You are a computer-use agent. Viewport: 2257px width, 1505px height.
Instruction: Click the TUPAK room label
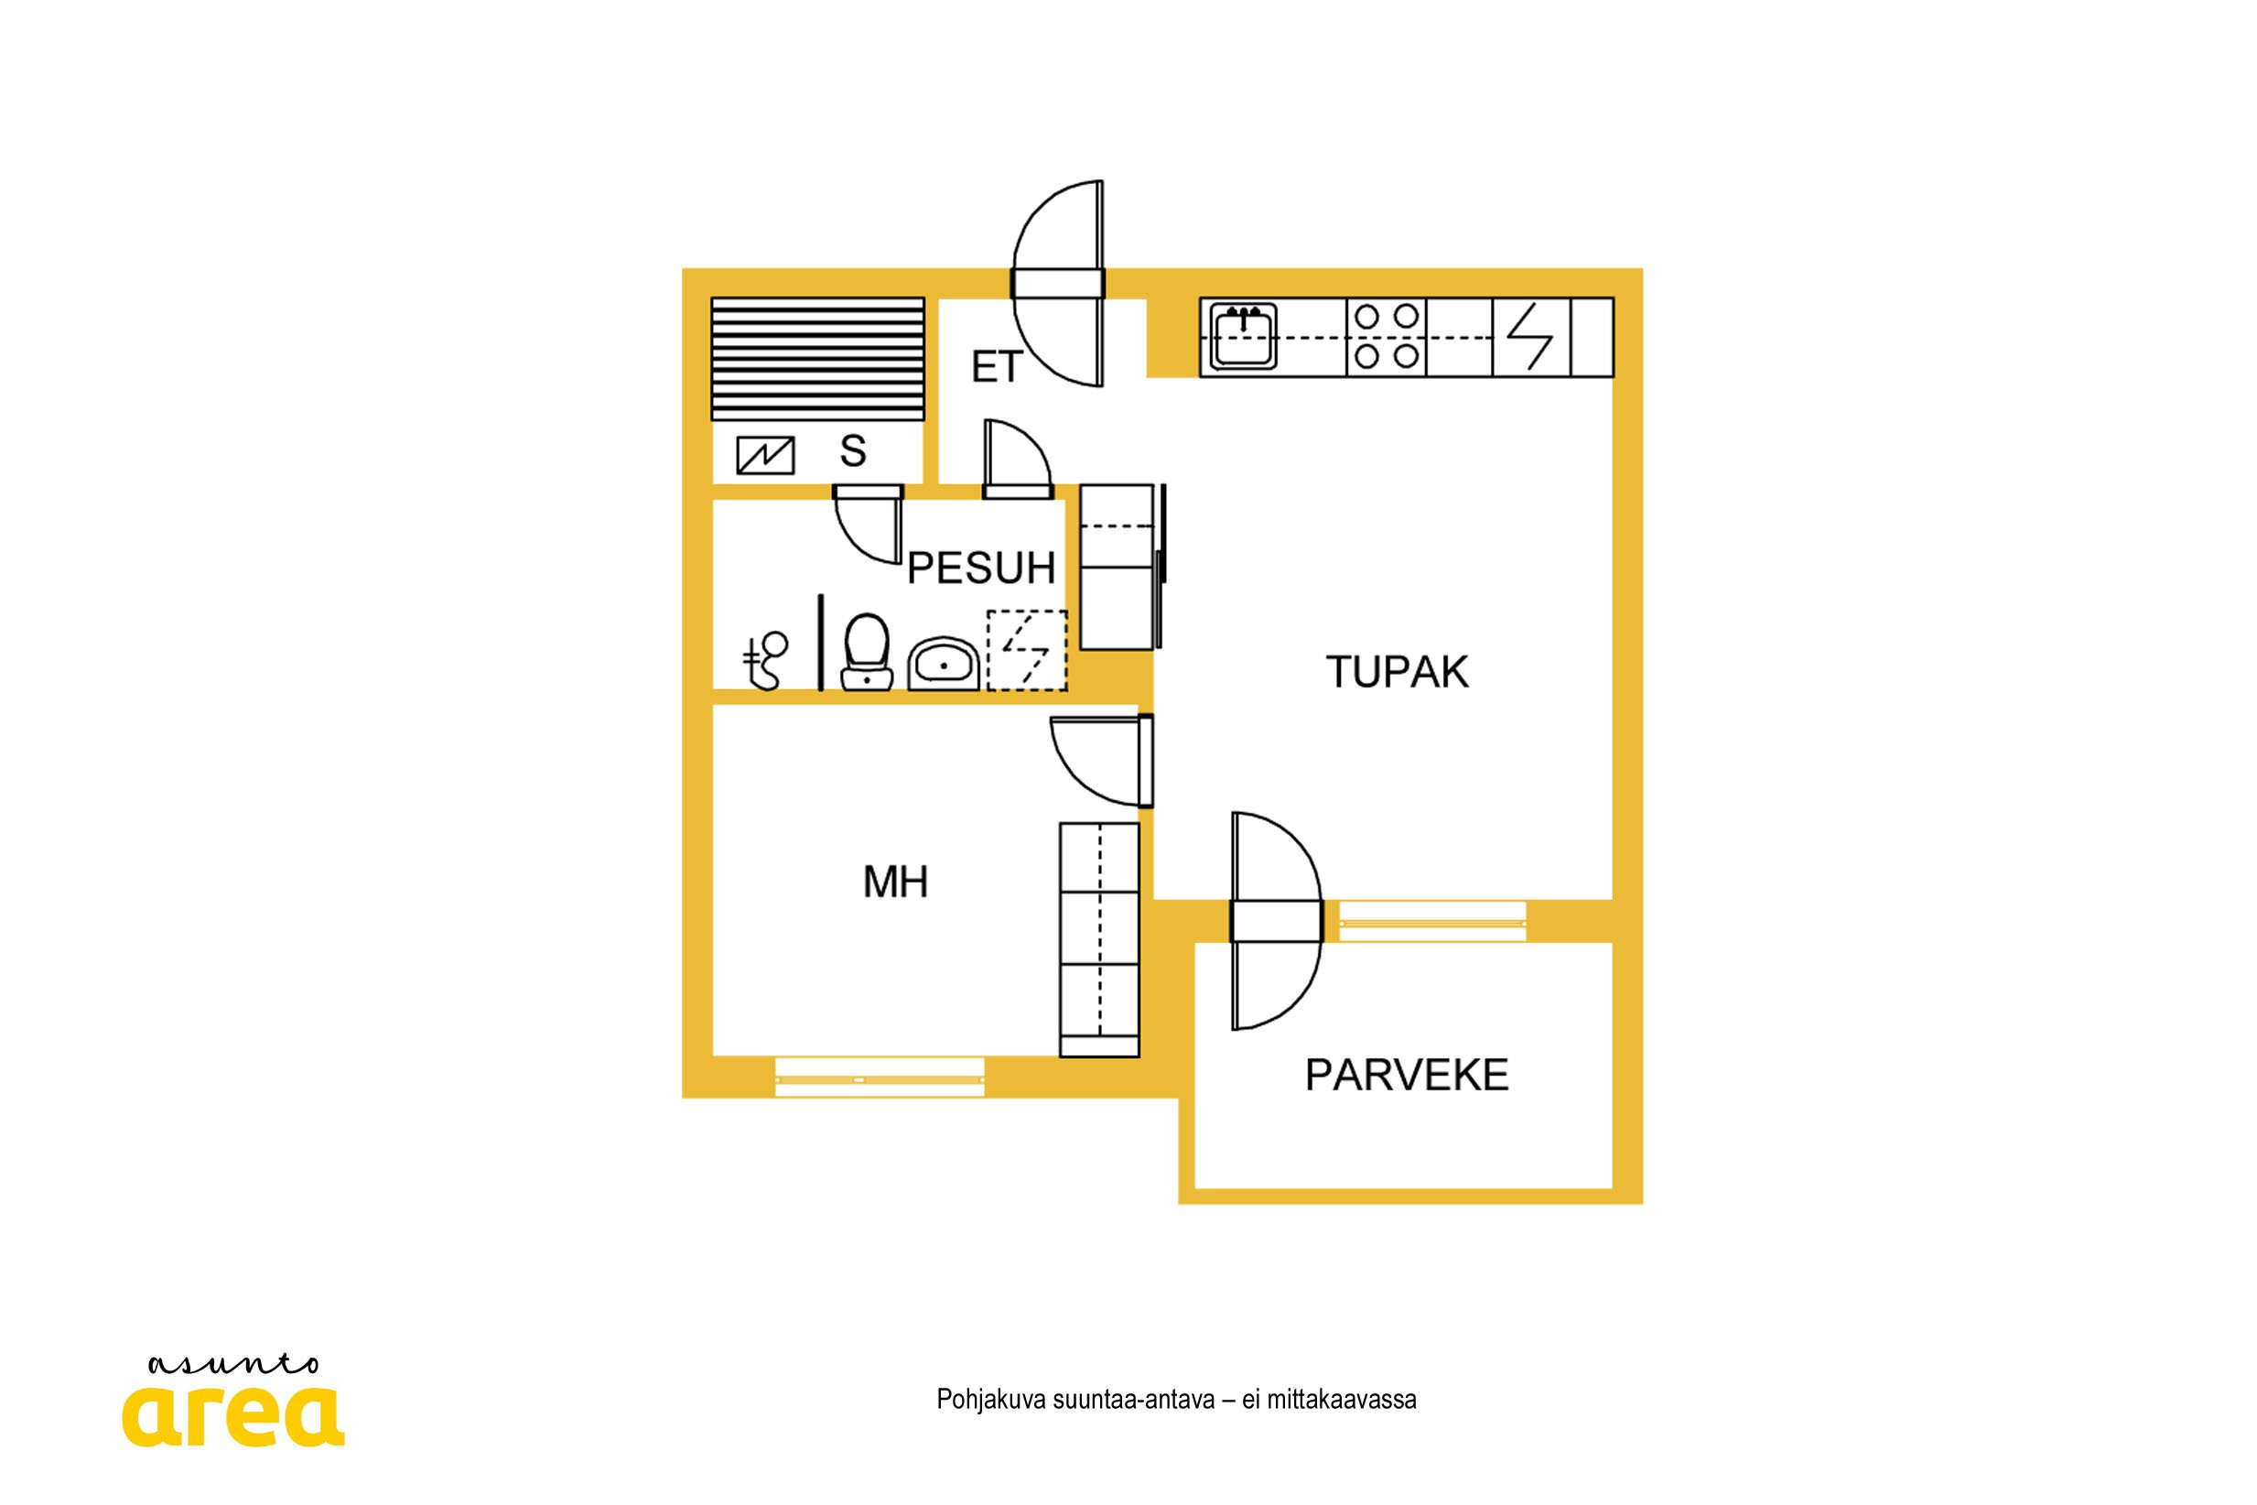(1398, 672)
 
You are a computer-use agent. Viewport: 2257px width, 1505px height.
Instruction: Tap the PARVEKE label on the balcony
(1407, 1075)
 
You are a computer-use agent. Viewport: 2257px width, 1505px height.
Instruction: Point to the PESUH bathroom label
(981, 568)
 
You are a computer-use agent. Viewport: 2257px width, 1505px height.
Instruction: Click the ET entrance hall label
(997, 367)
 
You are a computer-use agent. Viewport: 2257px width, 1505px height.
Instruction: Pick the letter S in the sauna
(852, 451)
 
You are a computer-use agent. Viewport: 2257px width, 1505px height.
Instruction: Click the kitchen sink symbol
(1243, 336)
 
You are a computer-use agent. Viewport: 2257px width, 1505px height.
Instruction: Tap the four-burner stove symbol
(1387, 337)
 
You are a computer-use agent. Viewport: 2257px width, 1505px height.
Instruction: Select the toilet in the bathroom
(867, 652)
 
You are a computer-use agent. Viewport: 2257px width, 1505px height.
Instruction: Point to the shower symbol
(765, 660)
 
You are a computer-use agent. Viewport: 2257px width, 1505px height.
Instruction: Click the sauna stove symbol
(765, 455)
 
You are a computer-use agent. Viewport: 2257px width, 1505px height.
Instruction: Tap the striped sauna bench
(817, 359)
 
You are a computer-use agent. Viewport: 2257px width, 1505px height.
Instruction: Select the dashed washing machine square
(1027, 650)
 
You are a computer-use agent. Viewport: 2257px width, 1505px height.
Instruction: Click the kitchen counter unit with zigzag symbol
(1531, 337)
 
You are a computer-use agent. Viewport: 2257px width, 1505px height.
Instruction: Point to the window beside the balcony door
(1432, 923)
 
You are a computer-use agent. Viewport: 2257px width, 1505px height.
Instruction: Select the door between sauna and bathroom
(869, 523)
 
